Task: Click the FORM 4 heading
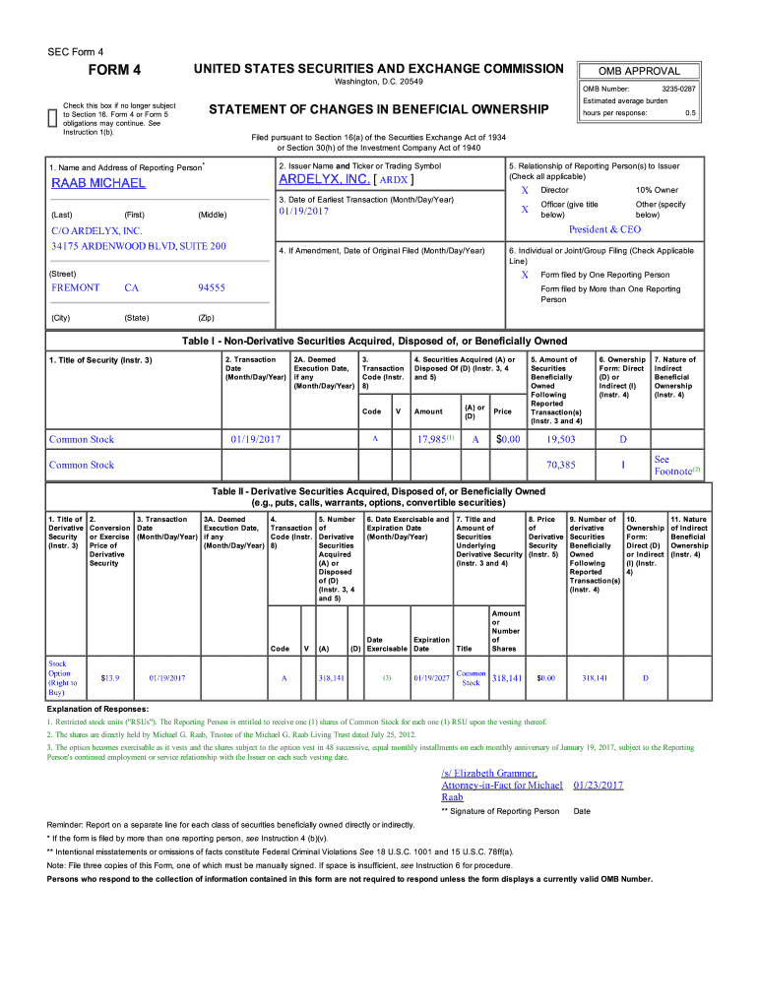pos(115,70)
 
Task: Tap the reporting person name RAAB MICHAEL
pos(98,183)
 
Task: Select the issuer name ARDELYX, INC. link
pos(325,180)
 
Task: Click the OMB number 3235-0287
pos(681,89)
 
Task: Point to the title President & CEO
pos(604,229)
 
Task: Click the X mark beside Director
pos(525,190)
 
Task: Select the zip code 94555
pos(212,287)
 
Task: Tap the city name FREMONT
pos(76,287)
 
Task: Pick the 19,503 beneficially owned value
pos(560,440)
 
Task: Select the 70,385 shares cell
pos(560,465)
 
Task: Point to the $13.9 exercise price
pos(110,678)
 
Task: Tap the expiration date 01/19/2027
pos(431,678)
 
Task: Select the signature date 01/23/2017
pos(598,785)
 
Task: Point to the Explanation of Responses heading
pos(98,709)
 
